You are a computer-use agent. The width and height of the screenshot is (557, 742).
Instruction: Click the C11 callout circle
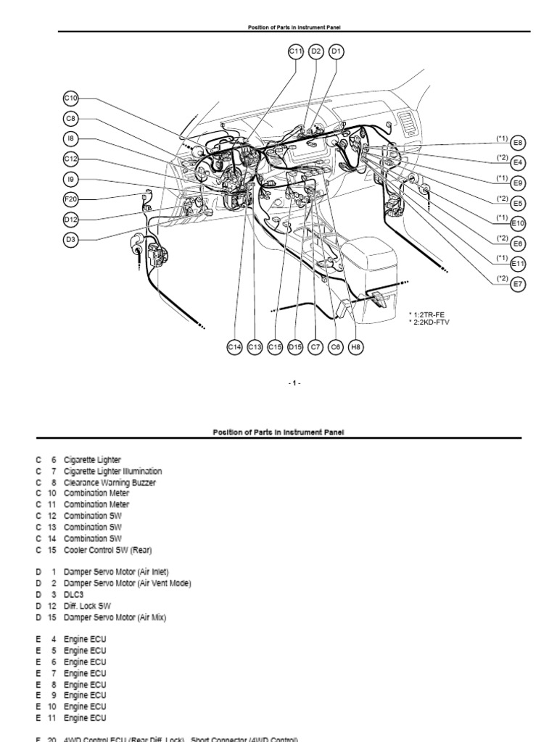coord(295,51)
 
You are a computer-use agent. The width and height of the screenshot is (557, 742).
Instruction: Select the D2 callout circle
coord(316,51)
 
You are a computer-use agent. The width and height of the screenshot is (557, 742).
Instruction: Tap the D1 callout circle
coord(337,51)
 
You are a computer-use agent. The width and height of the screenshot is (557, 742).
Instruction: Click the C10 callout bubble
coord(70,99)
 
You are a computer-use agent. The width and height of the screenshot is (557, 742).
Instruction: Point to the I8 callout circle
coord(70,138)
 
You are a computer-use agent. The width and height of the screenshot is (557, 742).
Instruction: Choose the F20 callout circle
coord(70,199)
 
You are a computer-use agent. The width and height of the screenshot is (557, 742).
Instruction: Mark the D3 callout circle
coord(70,240)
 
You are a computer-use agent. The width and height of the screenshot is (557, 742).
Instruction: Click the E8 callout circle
coord(518,143)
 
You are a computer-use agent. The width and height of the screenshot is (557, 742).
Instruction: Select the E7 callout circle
coord(518,284)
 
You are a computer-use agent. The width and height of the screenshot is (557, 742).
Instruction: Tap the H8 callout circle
coord(355,347)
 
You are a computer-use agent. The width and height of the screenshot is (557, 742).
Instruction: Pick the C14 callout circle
coord(234,347)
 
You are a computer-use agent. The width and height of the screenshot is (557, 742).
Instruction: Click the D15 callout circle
coord(294,347)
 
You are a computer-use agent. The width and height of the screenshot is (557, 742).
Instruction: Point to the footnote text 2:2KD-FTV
coord(429,322)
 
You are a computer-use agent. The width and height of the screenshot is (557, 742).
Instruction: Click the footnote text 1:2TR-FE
coord(428,314)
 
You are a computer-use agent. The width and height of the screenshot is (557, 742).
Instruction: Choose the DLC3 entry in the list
coord(73,594)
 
